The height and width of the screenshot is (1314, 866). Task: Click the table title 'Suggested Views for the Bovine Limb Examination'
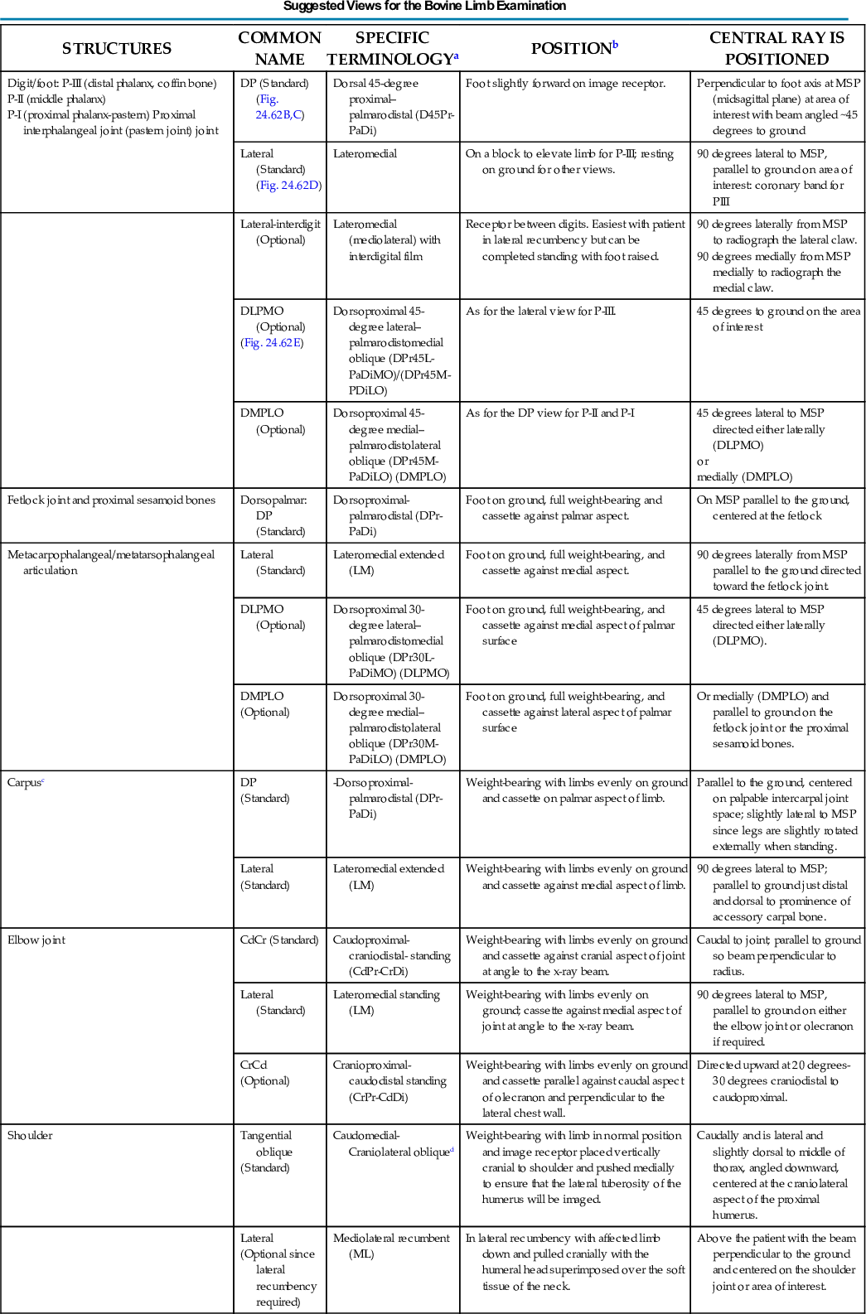click(424, 6)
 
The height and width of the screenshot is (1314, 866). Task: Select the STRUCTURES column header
click(117, 49)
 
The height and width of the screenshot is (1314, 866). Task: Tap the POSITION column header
click(573, 49)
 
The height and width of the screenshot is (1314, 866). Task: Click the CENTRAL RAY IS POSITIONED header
click(776, 49)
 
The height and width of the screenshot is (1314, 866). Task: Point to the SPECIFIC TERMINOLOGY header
click(392, 49)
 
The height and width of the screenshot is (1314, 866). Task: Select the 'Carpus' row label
click(25, 783)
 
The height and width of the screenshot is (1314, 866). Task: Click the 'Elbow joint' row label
click(36, 940)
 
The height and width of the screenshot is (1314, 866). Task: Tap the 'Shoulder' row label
click(30, 1136)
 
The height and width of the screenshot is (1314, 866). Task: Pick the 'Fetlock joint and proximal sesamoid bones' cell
click(111, 500)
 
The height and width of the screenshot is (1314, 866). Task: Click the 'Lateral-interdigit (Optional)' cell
click(280, 232)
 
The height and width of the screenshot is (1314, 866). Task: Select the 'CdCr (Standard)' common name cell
click(279, 940)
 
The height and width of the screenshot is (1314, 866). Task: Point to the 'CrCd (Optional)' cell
click(265, 1073)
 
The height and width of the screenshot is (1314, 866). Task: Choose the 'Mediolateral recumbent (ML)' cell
click(391, 1246)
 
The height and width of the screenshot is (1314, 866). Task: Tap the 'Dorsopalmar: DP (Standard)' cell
click(273, 515)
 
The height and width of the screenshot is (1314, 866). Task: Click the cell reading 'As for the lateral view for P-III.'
click(540, 312)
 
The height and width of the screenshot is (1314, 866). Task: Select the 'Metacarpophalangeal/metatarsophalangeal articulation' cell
click(111, 563)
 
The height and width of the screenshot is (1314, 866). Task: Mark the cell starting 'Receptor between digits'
click(575, 240)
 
